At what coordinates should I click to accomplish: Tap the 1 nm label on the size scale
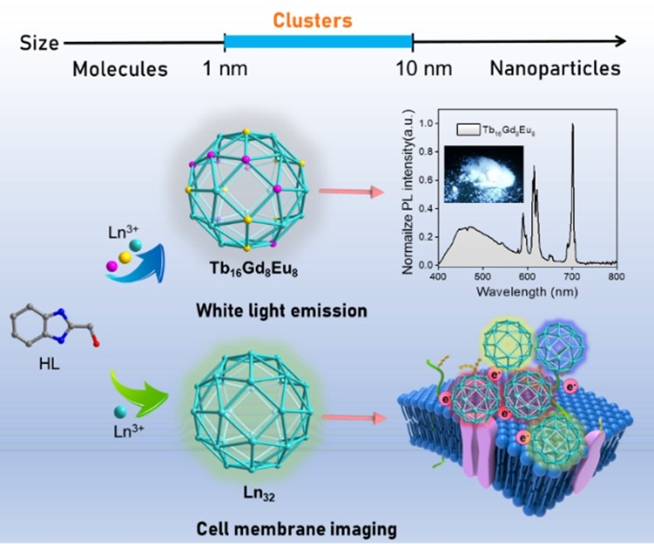tap(225, 69)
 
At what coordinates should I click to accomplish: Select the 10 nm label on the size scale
tap(413, 69)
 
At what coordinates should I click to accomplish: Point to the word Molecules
tap(120, 69)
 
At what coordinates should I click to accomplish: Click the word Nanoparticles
tap(554, 69)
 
